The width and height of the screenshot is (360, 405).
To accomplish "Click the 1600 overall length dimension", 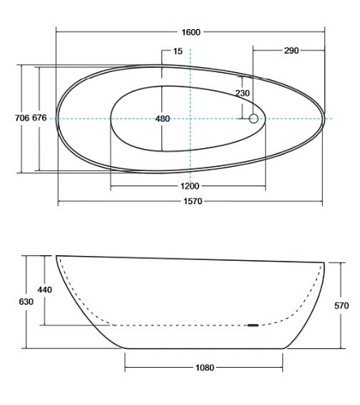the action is [191, 32].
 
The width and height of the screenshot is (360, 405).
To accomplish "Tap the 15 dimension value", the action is [178, 51].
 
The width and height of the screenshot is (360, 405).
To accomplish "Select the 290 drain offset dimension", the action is [291, 50].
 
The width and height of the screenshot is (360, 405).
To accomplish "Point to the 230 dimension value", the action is [242, 93].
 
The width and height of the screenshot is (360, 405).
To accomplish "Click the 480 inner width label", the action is [162, 118].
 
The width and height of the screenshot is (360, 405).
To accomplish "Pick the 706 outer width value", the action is [22, 118].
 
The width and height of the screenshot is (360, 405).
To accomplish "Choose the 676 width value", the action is [40, 118].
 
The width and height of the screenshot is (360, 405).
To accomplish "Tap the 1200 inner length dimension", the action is [190, 186].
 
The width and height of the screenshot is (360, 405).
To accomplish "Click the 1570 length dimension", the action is [193, 201].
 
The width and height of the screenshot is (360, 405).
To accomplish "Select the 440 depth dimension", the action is [45, 290].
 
